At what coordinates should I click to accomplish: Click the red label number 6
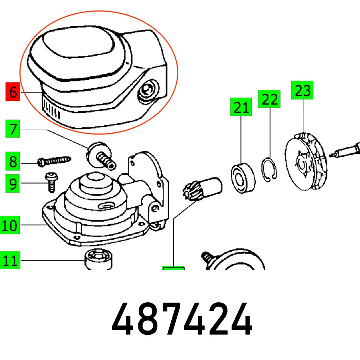13,92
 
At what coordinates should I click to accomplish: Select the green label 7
13,129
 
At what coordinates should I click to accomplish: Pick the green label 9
13,184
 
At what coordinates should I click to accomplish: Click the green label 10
10,226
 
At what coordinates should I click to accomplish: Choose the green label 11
10,260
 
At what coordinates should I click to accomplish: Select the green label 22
269,99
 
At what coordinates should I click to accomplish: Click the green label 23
302,90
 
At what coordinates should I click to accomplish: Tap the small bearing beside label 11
98,258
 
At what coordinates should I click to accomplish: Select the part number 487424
182,320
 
